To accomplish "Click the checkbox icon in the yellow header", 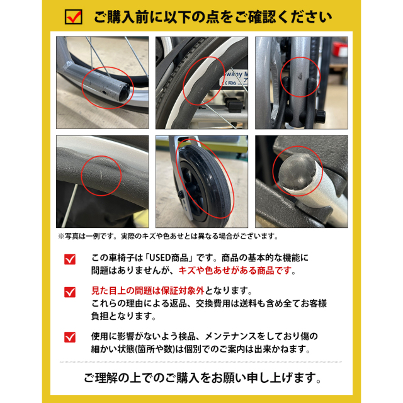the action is (x=74, y=17).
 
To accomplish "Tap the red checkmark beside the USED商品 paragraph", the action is (x=70, y=259).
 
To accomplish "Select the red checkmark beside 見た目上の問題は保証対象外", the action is (x=70, y=292).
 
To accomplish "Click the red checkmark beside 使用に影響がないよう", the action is (x=70, y=338).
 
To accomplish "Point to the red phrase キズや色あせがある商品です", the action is (x=235, y=271).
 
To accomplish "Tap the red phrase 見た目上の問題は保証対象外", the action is (x=148, y=291).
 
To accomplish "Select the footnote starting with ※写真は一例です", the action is (x=168, y=236).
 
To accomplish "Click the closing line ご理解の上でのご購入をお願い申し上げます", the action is (x=202, y=378).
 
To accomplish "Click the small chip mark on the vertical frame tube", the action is (x=300, y=76).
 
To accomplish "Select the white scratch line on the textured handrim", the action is (x=101, y=176).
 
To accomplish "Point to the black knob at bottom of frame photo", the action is (x=321, y=116).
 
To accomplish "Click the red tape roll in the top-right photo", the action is (x=340, y=49).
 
